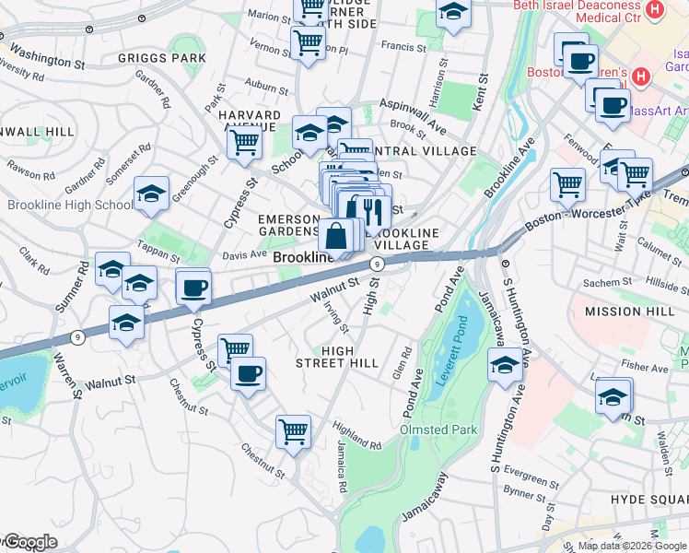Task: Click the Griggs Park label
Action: pos(162,58)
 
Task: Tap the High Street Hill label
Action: pos(350,357)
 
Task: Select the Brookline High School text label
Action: pos(70,205)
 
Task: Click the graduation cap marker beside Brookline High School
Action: pos(151,194)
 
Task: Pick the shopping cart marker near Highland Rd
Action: pos(293,430)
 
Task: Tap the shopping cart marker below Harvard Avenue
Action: pos(244,142)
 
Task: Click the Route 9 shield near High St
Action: pos(377,265)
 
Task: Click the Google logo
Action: pos(31,542)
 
